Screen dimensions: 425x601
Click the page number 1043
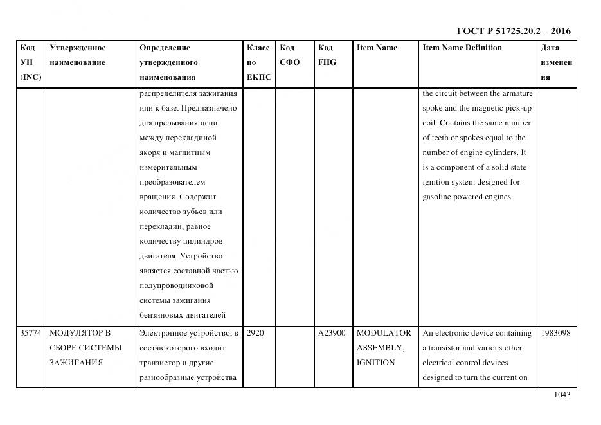(x=562, y=395)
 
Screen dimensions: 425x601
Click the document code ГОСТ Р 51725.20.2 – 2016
(x=513, y=31)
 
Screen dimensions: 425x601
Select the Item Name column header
(x=377, y=48)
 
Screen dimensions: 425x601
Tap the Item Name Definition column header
(x=462, y=48)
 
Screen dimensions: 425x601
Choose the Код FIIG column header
(x=327, y=55)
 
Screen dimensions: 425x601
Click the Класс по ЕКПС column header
(x=258, y=62)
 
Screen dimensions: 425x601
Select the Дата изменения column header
(x=556, y=62)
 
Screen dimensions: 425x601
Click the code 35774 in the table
(x=30, y=333)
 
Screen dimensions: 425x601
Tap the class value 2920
(x=255, y=333)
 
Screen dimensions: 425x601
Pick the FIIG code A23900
(x=332, y=333)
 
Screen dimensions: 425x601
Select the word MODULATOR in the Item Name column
(x=384, y=333)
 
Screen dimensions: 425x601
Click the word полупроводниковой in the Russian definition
(x=175, y=285)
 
